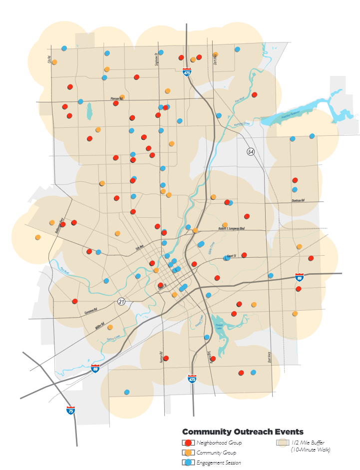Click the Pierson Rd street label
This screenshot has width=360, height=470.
116,99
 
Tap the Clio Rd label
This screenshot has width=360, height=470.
49,59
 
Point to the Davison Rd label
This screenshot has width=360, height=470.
298,201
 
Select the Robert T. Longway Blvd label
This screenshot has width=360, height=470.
231,228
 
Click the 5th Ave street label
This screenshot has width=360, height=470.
139,246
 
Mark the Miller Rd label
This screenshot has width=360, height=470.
100,326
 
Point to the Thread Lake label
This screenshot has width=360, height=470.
218,326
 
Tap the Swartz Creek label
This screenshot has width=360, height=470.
114,338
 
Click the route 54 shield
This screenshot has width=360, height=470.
250,151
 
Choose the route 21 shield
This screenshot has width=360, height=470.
121,301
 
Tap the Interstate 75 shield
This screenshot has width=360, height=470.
71,410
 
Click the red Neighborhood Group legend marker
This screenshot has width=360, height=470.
188,443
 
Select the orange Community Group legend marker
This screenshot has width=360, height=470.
188,453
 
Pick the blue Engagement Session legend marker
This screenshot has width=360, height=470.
188,463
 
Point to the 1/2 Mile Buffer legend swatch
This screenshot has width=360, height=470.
282,443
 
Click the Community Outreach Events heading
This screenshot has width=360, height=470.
243,432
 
